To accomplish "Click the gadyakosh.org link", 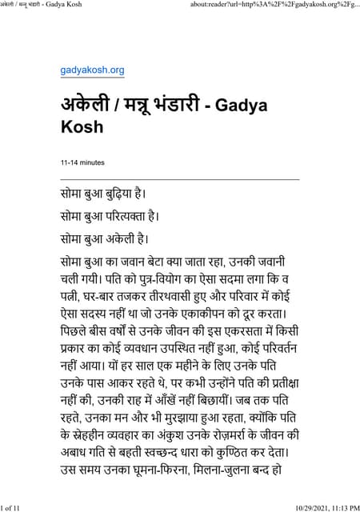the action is (93, 70).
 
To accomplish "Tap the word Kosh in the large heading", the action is (82, 126).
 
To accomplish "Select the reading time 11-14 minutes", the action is (82, 162).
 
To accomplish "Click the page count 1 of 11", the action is (16, 506).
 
